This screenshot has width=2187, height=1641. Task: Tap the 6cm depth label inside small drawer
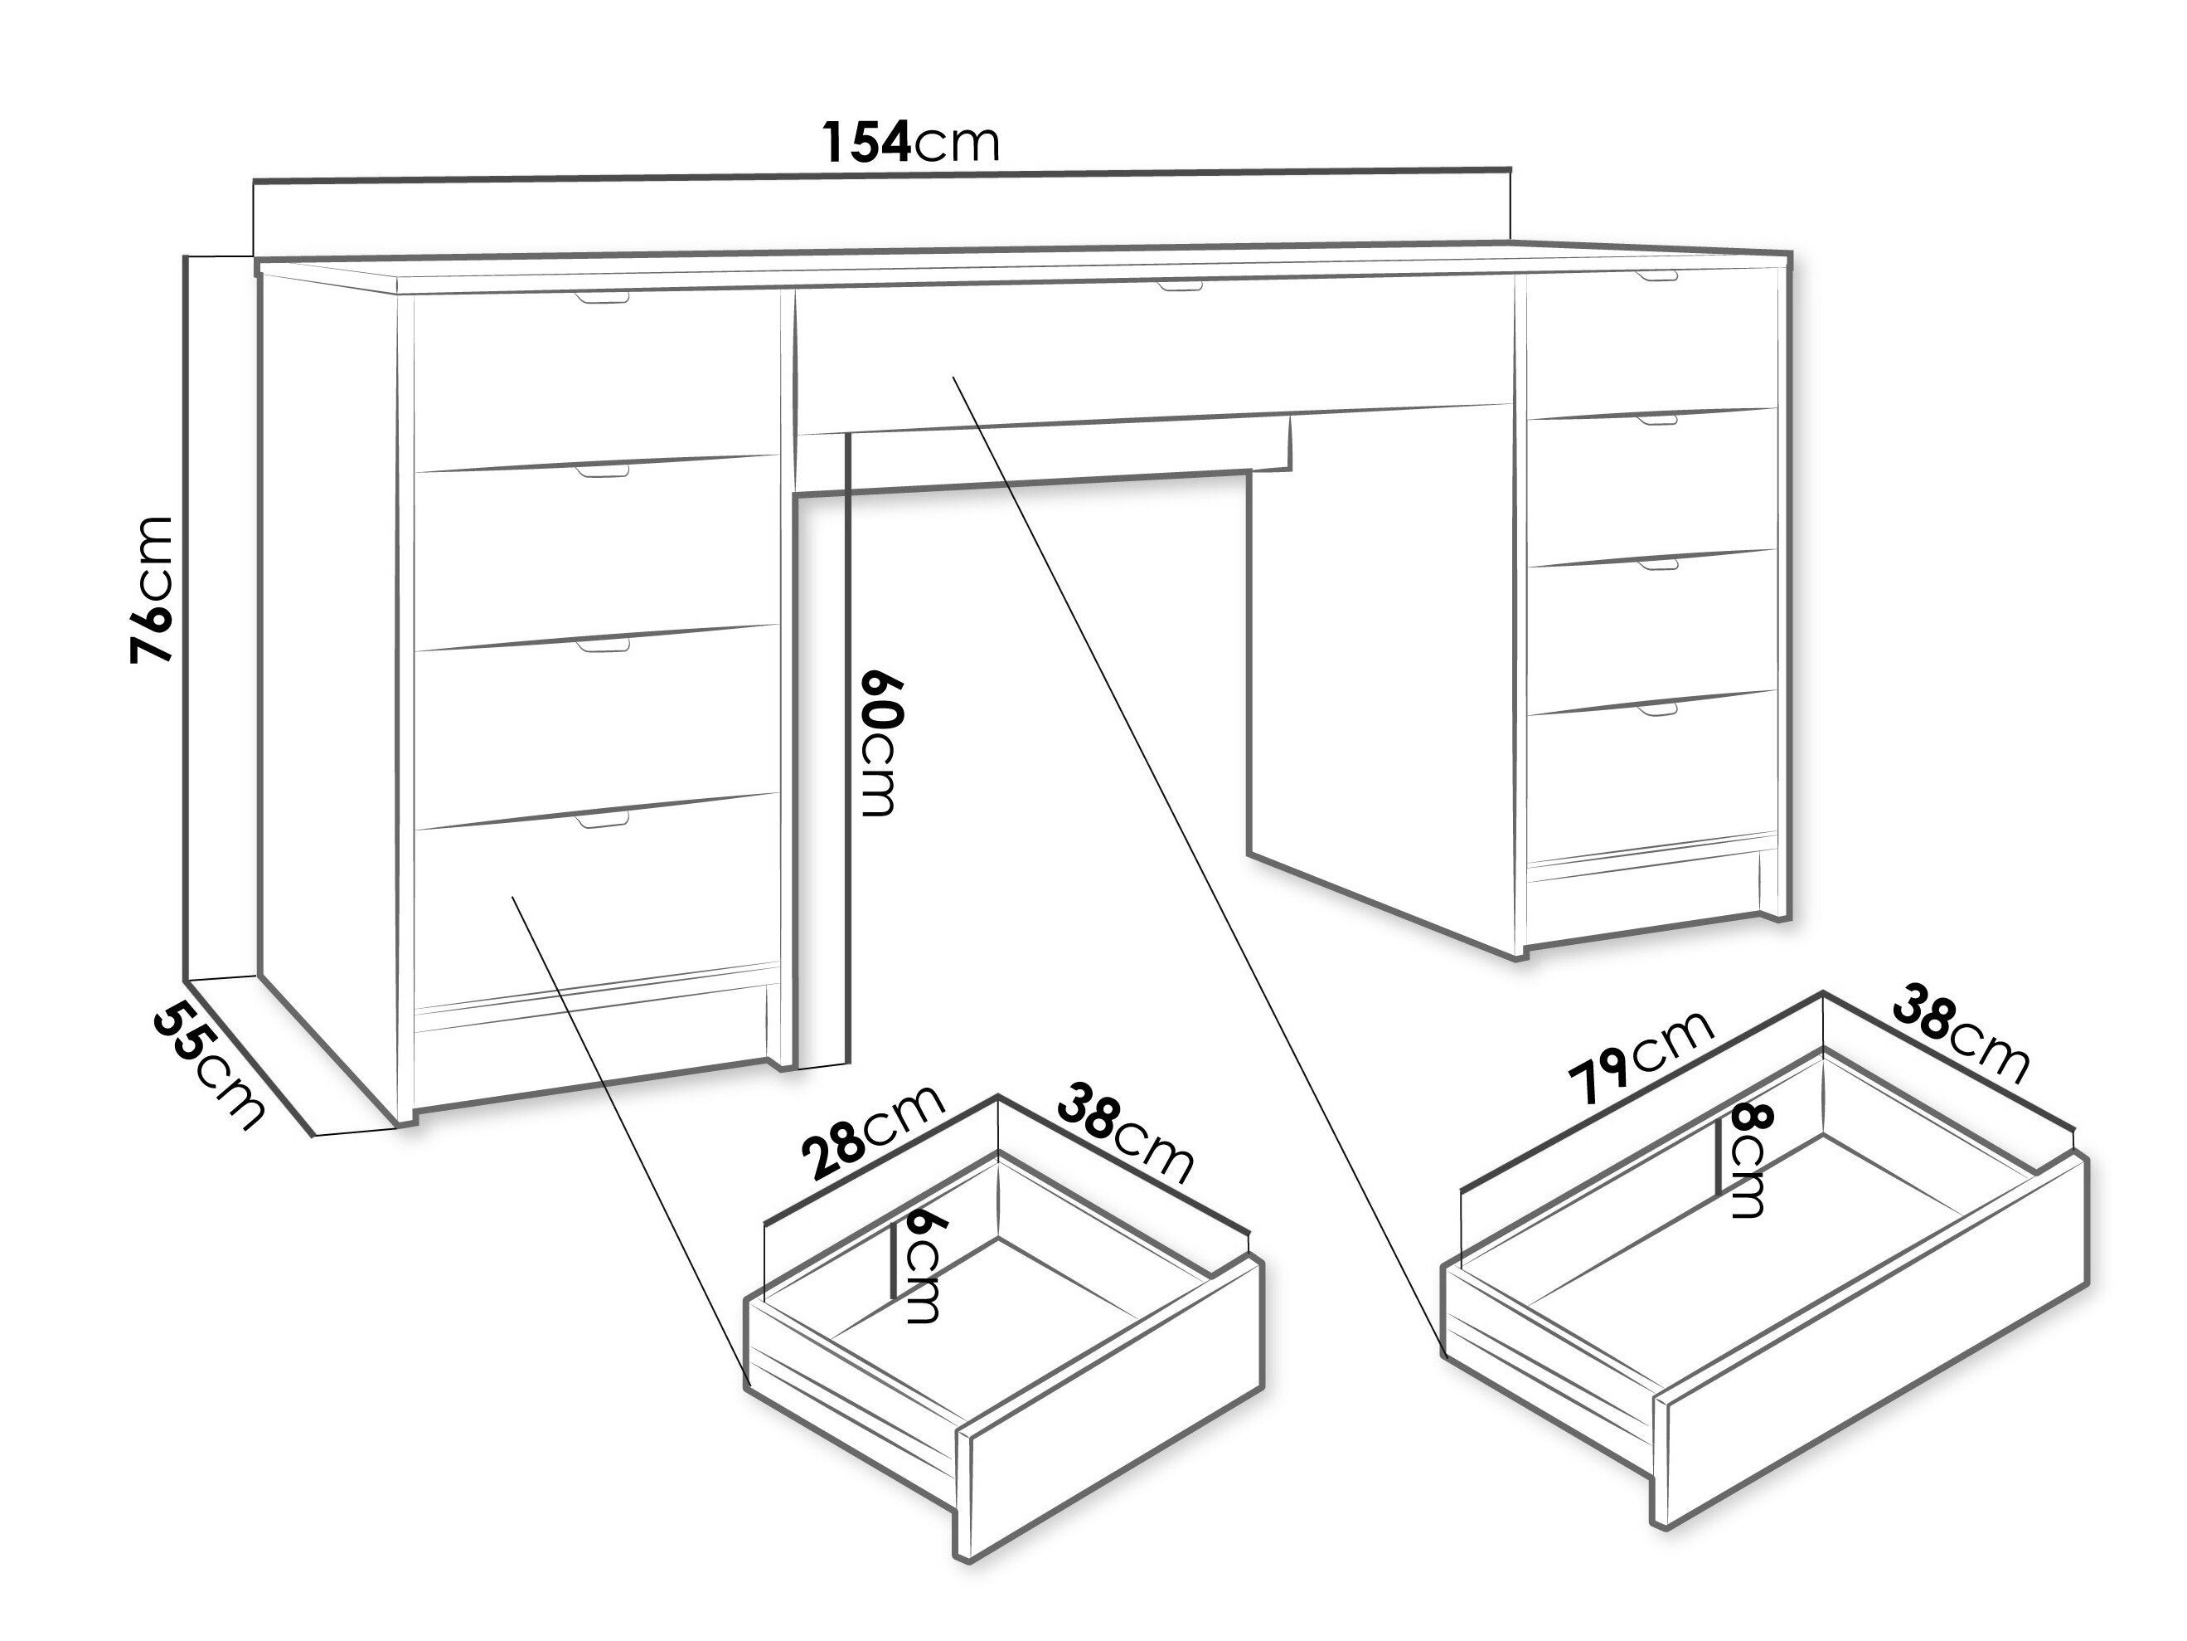[920, 1268]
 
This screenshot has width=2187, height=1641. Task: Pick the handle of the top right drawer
[1656, 275]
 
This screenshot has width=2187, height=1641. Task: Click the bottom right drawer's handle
[1657, 709]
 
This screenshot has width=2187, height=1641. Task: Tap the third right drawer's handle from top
[1657, 564]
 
